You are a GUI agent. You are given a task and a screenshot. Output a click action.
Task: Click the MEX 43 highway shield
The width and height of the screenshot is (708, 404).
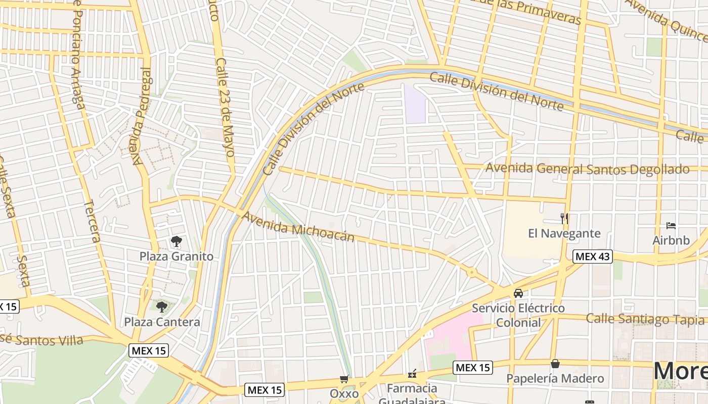coord(593,257)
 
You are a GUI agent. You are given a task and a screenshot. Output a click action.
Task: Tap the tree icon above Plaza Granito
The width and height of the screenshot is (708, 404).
coord(176,241)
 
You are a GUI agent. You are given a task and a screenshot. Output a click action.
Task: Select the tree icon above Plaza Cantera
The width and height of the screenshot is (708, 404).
coord(162,307)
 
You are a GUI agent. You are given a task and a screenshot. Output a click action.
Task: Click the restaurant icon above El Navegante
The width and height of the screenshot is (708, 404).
coord(564,218)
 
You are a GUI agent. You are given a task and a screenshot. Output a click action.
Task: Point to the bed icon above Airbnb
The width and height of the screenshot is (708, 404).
coord(671,225)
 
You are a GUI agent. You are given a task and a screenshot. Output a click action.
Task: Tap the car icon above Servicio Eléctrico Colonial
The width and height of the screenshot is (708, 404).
coord(518,293)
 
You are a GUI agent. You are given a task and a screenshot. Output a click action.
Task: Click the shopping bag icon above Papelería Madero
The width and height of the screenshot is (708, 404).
coord(555,364)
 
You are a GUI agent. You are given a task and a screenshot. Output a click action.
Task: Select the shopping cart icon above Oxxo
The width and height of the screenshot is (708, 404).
coord(344,379)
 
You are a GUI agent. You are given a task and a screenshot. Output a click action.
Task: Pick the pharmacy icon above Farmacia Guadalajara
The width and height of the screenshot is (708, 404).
coord(413,374)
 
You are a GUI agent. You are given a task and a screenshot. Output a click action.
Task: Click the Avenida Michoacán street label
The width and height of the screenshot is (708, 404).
coord(298,227)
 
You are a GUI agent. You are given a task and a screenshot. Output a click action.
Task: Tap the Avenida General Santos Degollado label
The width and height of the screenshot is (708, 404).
coord(587,169)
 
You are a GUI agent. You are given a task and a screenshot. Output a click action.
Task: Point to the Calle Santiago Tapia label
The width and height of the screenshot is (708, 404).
coord(645,319)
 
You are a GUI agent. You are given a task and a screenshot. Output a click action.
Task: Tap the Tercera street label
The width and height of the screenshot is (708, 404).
coord(92,221)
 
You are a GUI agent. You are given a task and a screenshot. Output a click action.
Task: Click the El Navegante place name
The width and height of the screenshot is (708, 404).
coord(564,233)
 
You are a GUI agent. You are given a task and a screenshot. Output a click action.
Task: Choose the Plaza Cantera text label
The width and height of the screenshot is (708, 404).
coord(162,322)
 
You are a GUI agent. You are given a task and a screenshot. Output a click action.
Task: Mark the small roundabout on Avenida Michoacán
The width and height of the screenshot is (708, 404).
coord(472,273)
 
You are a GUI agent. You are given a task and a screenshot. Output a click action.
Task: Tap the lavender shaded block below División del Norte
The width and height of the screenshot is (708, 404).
coord(415,104)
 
